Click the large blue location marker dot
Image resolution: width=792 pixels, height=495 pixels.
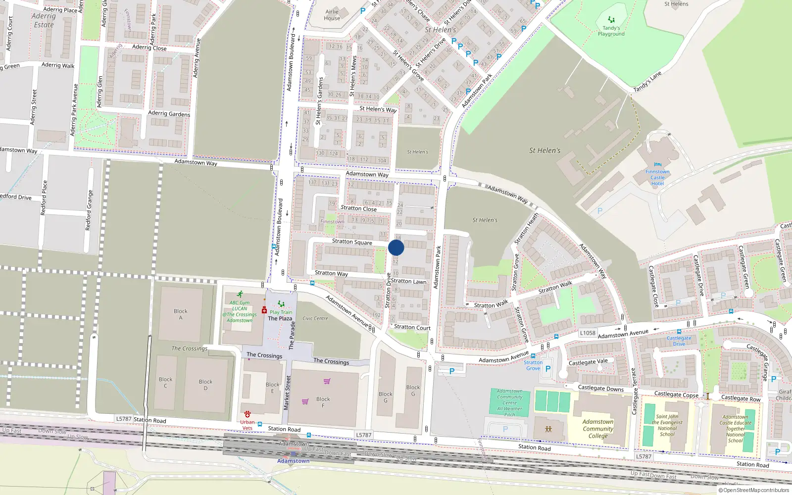(396, 247)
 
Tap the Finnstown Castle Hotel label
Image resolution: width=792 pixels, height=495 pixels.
(657, 178)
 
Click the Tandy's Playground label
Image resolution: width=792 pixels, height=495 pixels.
(611, 31)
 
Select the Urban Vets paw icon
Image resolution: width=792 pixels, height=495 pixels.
(247, 414)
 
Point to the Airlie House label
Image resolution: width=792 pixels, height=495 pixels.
(332, 15)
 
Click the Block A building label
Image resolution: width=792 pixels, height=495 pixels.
(181, 314)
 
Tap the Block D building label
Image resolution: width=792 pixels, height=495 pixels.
(205, 385)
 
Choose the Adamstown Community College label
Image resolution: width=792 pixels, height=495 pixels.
(598, 429)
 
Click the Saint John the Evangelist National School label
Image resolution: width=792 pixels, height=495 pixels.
(667, 425)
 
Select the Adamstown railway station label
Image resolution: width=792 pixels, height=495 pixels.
(293, 461)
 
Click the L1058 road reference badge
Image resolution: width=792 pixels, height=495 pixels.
(588, 333)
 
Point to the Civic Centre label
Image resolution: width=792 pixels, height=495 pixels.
(315, 318)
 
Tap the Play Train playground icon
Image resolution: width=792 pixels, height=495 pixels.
(281, 304)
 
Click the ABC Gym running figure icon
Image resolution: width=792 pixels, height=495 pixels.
(240, 295)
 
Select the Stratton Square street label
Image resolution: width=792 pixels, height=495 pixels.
(352, 242)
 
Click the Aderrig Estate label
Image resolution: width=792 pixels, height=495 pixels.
(44, 20)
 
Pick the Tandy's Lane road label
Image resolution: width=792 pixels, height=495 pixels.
(647, 82)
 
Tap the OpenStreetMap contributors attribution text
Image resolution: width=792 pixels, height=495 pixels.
(754, 490)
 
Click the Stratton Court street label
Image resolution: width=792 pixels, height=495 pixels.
(412, 327)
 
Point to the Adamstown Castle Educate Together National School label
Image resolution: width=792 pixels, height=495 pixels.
(736, 429)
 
